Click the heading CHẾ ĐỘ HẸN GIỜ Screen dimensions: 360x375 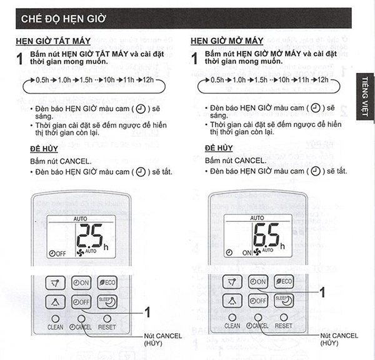pyautogui.click(x=63, y=19)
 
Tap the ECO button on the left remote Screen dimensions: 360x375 pyautogui.click(x=107, y=282)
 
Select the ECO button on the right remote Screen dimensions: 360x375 pyautogui.click(x=284, y=282)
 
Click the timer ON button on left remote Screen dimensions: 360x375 pyautogui.click(x=81, y=282)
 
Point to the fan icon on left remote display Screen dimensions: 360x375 pyautogui.click(x=79, y=252)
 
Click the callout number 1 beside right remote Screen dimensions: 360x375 pyautogui.click(x=322, y=291)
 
